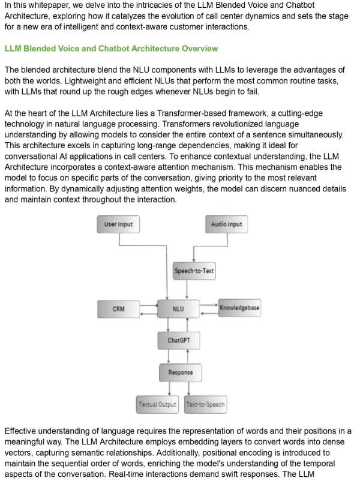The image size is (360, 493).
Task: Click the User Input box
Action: click(x=118, y=225)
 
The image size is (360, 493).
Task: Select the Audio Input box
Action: click(x=226, y=225)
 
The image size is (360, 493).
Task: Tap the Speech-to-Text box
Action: click(x=194, y=271)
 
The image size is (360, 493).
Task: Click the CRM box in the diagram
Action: click(x=119, y=309)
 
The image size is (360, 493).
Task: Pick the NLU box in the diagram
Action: click(x=178, y=309)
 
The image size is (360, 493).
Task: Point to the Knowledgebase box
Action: click(x=239, y=308)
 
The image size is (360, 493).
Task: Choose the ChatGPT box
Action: click(x=179, y=341)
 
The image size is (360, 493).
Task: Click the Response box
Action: click(x=181, y=372)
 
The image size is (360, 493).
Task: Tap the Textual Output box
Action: click(x=158, y=404)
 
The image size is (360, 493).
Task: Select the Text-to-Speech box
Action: click(x=205, y=404)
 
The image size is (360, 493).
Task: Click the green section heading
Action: click(x=111, y=48)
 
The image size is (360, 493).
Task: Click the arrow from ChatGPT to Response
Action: click(x=179, y=356)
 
